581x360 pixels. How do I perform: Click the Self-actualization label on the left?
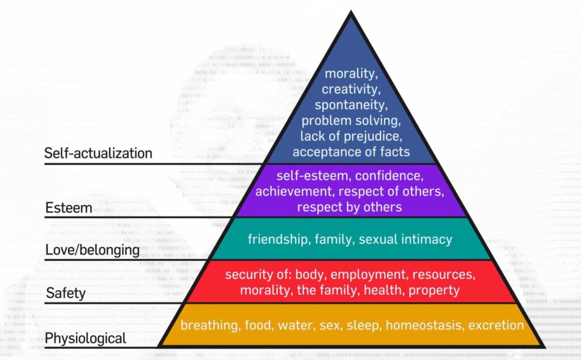click(98, 153)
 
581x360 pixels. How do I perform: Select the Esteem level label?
click(69, 207)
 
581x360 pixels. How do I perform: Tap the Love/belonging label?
click(92, 250)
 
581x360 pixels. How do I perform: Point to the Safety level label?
click(66, 293)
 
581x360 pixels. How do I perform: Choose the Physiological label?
click(86, 338)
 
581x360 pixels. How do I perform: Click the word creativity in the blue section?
click(351, 89)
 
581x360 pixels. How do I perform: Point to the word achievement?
click(295, 192)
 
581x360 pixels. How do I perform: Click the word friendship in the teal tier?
click(279, 239)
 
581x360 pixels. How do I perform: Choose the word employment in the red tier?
click(369, 275)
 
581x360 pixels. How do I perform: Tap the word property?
click(434, 290)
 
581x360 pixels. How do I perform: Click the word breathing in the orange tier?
click(210, 325)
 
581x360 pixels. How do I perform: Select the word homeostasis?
click(424, 325)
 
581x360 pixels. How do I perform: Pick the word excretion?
click(496, 325)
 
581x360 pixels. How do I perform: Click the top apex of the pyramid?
click(351, 11)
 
